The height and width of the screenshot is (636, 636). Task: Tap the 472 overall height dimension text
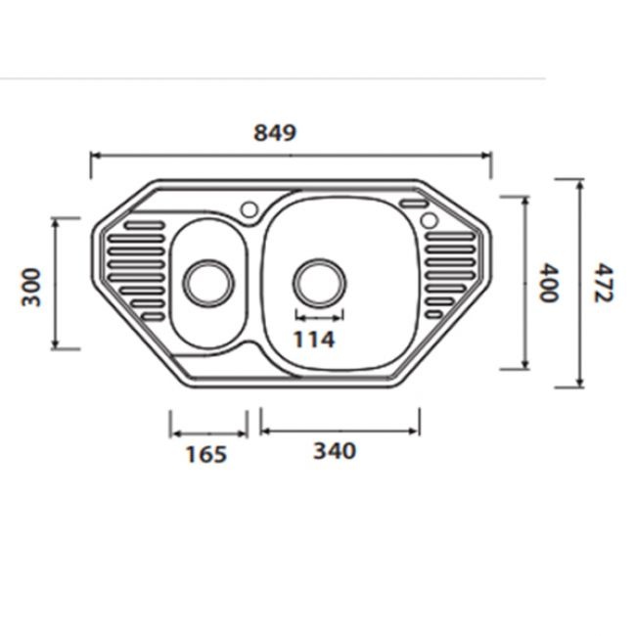(603, 283)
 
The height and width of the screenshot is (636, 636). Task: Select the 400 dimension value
(550, 283)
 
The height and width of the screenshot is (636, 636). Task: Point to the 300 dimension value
(31, 286)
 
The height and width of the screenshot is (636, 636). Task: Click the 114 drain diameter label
(315, 340)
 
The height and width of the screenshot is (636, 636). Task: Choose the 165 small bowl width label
(205, 454)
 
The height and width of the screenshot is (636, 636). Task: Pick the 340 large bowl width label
(335, 451)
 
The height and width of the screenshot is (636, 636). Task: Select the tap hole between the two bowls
(250, 208)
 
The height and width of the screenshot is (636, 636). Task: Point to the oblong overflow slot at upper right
(413, 204)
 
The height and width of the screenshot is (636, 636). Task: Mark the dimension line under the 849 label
(291, 155)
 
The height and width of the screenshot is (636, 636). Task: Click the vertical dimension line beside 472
(581, 283)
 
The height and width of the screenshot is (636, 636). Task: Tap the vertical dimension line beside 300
(56, 283)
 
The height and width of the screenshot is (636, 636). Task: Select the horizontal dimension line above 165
(207, 432)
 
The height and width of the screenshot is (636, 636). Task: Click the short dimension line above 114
(319, 318)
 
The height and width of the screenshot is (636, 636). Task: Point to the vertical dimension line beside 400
(527, 283)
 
